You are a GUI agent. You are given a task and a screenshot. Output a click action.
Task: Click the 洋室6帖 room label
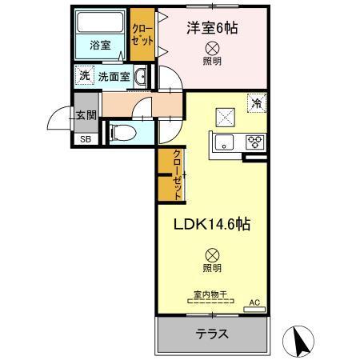[x=213, y=28]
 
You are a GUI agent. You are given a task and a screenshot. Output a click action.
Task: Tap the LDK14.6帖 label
[x=214, y=225]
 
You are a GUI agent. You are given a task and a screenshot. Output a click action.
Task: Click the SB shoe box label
[x=84, y=138]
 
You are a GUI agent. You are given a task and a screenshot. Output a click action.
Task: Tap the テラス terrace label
[x=212, y=334]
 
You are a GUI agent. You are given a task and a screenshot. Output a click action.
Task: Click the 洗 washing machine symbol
[x=84, y=77]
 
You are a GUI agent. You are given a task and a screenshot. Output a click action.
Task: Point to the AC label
[x=255, y=302]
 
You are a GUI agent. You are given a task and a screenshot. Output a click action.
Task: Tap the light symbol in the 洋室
[x=212, y=47]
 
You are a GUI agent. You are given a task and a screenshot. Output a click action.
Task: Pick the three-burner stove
[x=256, y=143]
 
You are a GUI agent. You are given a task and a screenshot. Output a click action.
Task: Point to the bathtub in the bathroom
[x=99, y=23]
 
